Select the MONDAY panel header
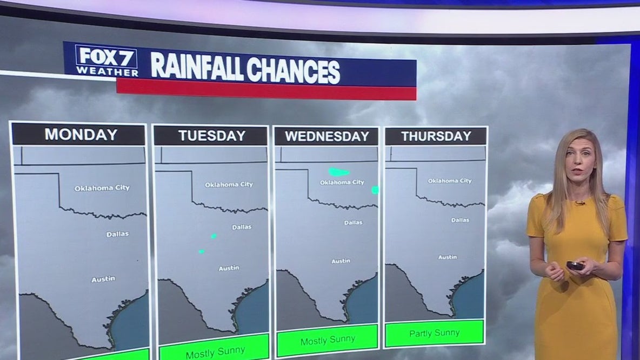(80, 134)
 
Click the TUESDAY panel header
(211, 136)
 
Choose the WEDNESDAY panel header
(326, 136)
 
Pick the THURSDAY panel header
(435, 136)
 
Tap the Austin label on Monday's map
(103, 279)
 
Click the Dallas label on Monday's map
(117, 234)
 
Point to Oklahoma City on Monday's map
(102, 188)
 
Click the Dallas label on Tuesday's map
(241, 227)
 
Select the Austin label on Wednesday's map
(341, 261)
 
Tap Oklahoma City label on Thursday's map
(450, 181)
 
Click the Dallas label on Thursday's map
(460, 220)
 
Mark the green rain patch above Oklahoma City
(339, 172)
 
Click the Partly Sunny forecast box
(435, 333)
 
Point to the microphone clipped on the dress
(579, 203)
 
